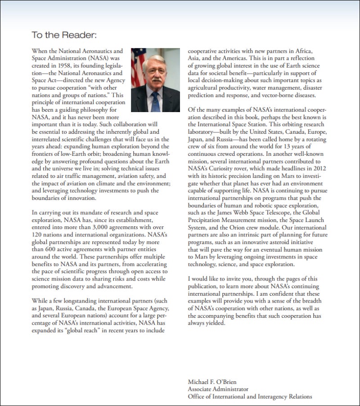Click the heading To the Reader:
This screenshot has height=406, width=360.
64,34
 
